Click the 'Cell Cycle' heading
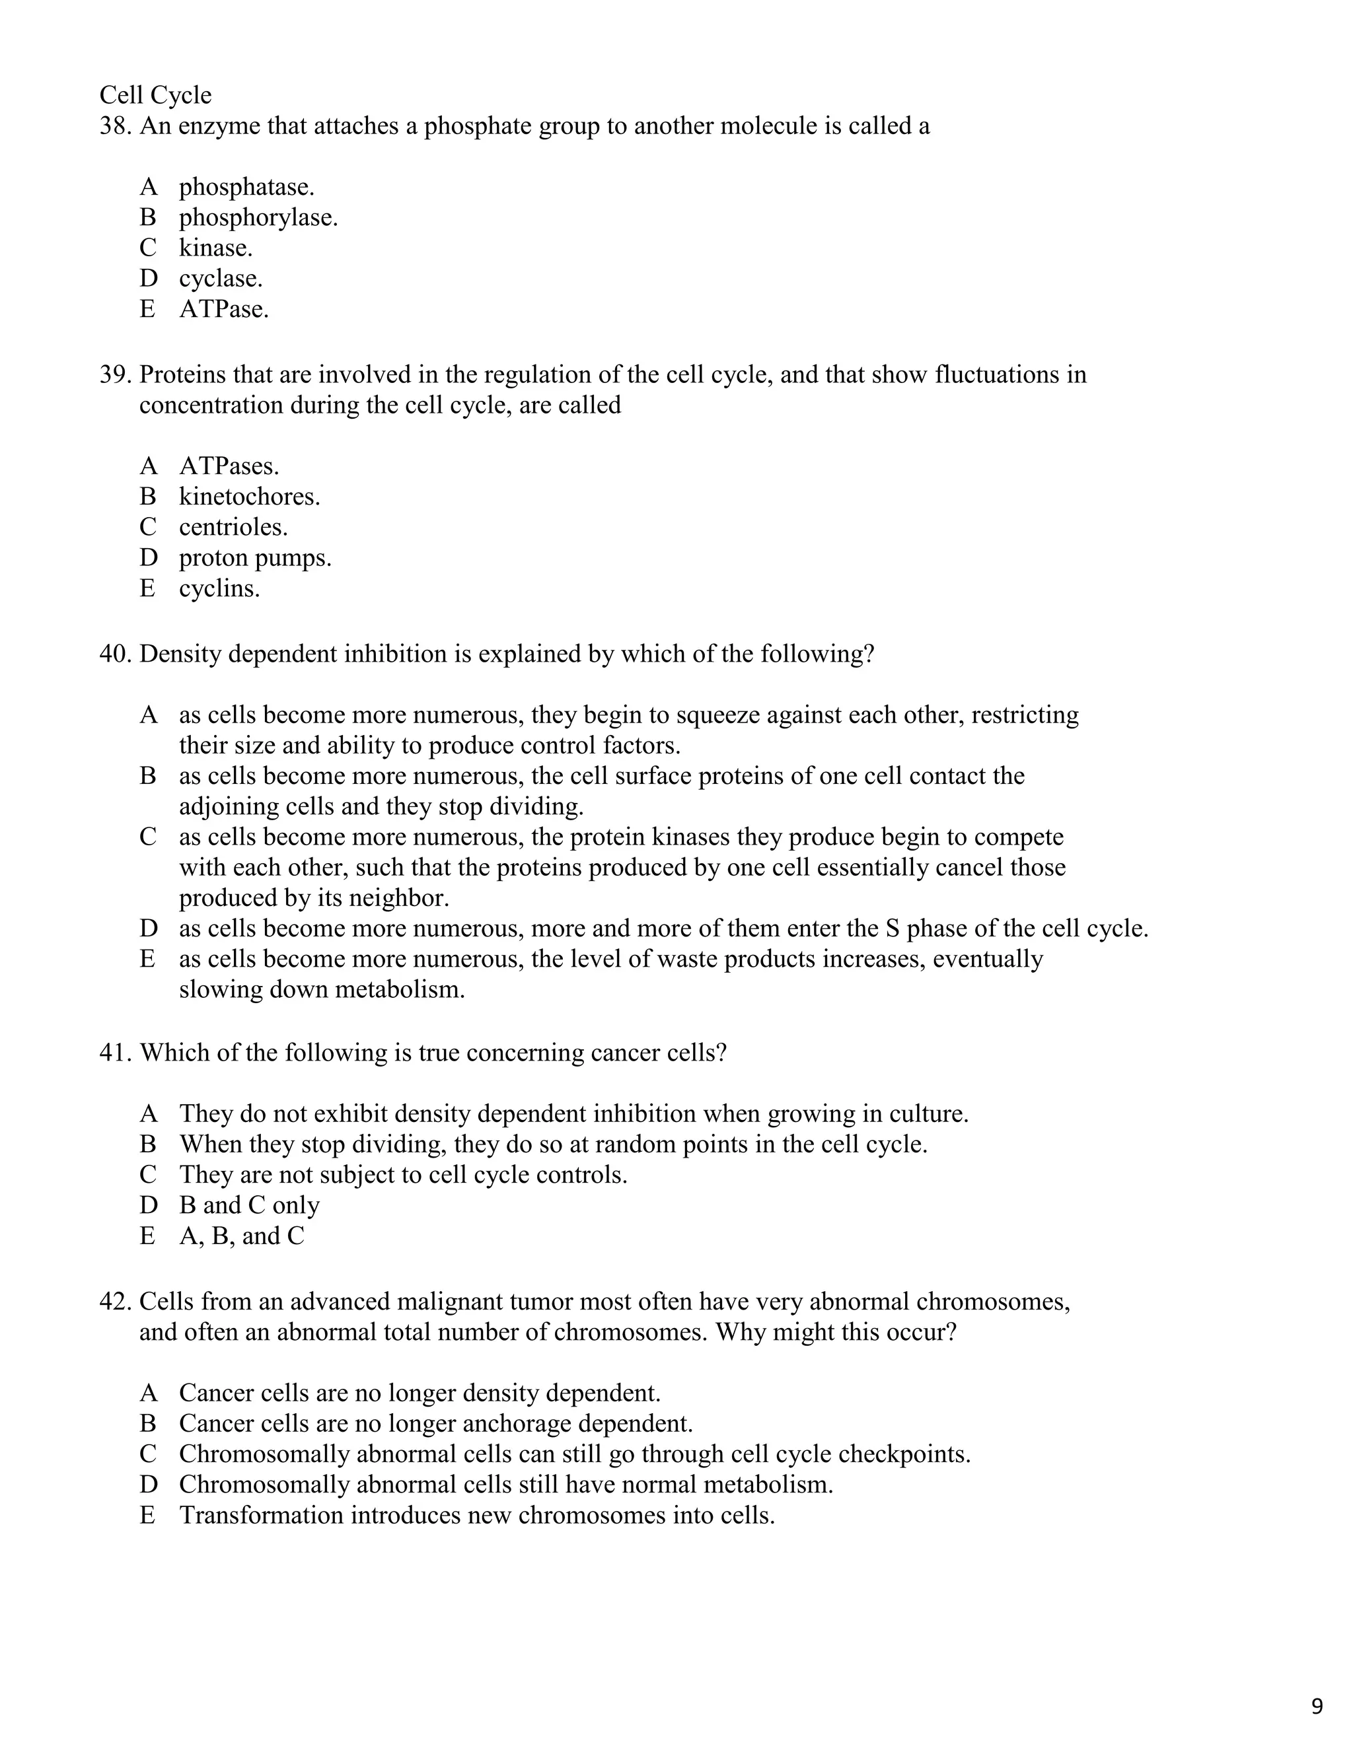pos(155,95)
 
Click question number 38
pos(114,125)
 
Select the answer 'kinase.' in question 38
pos(215,248)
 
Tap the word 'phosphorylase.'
pos(258,217)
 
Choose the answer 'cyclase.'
pos(221,279)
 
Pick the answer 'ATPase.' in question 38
pos(224,309)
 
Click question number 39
pos(114,374)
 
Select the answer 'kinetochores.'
pos(249,497)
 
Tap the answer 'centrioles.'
pos(233,527)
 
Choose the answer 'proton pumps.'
pos(255,558)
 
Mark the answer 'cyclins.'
pos(219,588)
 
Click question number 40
pos(114,654)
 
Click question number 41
pos(114,1052)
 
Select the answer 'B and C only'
pos(249,1205)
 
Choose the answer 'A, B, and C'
pos(241,1236)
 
